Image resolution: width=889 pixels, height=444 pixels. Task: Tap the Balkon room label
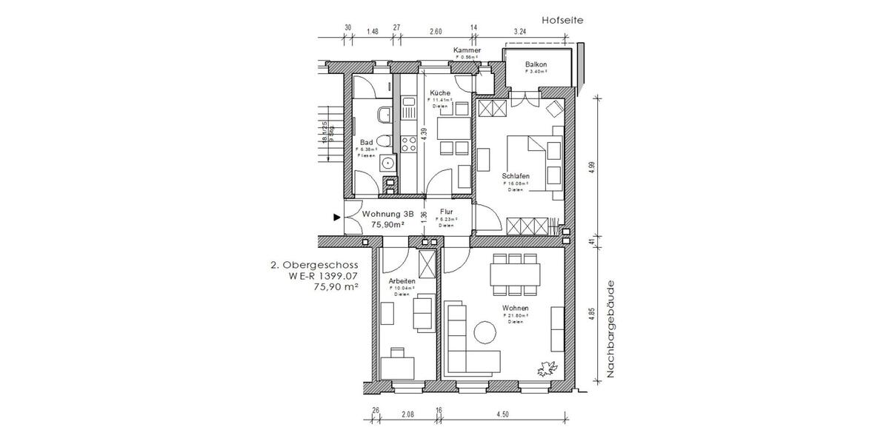pyautogui.click(x=536, y=65)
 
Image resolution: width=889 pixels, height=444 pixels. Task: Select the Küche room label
pyautogui.click(x=440, y=92)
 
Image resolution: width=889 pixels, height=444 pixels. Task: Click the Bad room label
pyautogui.click(x=366, y=142)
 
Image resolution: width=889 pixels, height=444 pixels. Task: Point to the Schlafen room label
pyautogui.click(x=516, y=175)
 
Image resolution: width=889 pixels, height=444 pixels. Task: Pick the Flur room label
pyautogui.click(x=446, y=212)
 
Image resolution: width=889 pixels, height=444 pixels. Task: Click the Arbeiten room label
pyautogui.click(x=402, y=281)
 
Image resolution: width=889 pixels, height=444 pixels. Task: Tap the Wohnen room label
pyautogui.click(x=516, y=309)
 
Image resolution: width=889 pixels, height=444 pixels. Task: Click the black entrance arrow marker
pyautogui.click(x=337, y=218)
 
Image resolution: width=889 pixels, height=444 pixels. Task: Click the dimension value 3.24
pyautogui.click(x=520, y=32)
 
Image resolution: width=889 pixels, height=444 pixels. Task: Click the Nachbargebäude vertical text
pyautogui.click(x=612, y=329)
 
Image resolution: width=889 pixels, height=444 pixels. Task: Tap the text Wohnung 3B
pyautogui.click(x=387, y=214)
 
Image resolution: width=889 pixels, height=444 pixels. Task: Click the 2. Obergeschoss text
pyautogui.click(x=315, y=264)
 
